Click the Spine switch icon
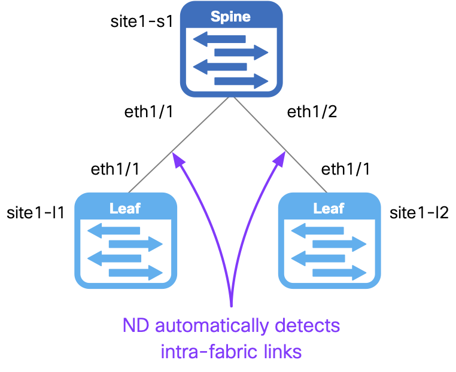[232, 50]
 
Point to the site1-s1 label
[142, 22]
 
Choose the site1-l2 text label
[419, 212]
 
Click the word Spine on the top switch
[230, 16]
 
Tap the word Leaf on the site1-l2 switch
[329, 208]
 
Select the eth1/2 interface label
[312, 112]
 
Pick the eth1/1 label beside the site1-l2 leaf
[346, 169]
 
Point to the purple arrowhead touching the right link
[279, 158]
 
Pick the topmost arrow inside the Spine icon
[219, 39]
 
